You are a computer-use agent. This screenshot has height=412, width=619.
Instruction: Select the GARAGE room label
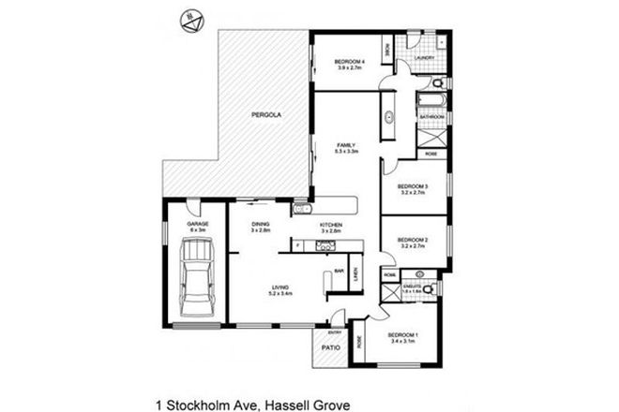[x=196, y=225]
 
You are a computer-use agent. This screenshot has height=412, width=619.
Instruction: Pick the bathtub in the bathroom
[x=433, y=96]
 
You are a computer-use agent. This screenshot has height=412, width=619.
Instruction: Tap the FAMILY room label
[x=348, y=144]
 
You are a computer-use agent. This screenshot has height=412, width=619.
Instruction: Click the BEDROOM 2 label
[x=413, y=240]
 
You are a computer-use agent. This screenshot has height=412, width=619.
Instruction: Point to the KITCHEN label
[x=330, y=226]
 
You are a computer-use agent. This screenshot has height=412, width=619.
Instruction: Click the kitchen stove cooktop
[x=326, y=246]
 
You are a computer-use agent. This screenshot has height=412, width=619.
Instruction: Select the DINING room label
[x=262, y=225]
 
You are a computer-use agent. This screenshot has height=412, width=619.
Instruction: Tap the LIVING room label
[x=280, y=287]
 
